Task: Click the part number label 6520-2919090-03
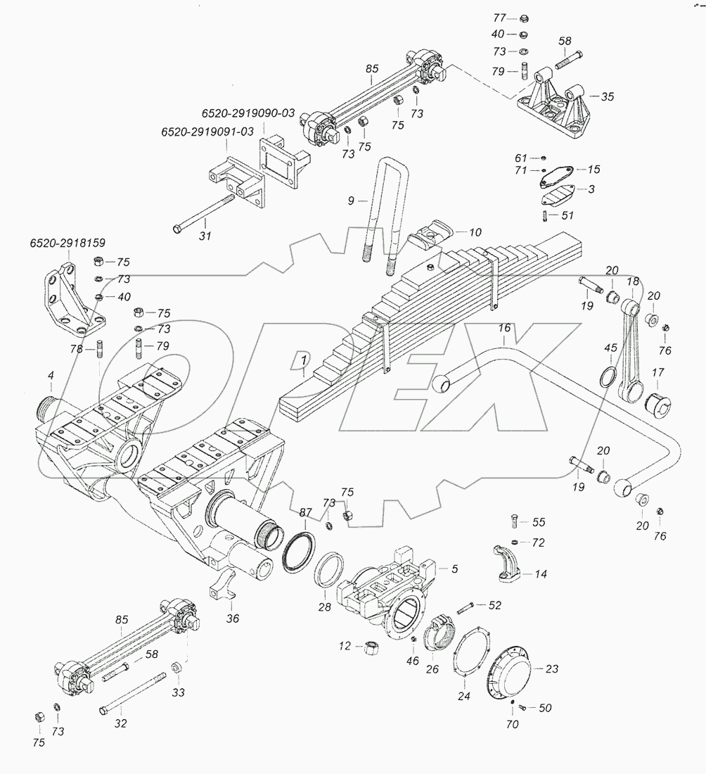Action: point(248,113)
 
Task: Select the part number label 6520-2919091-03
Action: point(207,132)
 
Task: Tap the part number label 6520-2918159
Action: point(68,243)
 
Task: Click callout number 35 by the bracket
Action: point(607,96)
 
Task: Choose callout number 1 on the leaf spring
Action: point(304,360)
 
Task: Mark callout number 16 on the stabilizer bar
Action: point(505,329)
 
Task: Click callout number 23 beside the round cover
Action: point(552,669)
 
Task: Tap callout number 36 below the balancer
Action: point(233,618)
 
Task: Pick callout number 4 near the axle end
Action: point(51,378)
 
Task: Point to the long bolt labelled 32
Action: point(134,694)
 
